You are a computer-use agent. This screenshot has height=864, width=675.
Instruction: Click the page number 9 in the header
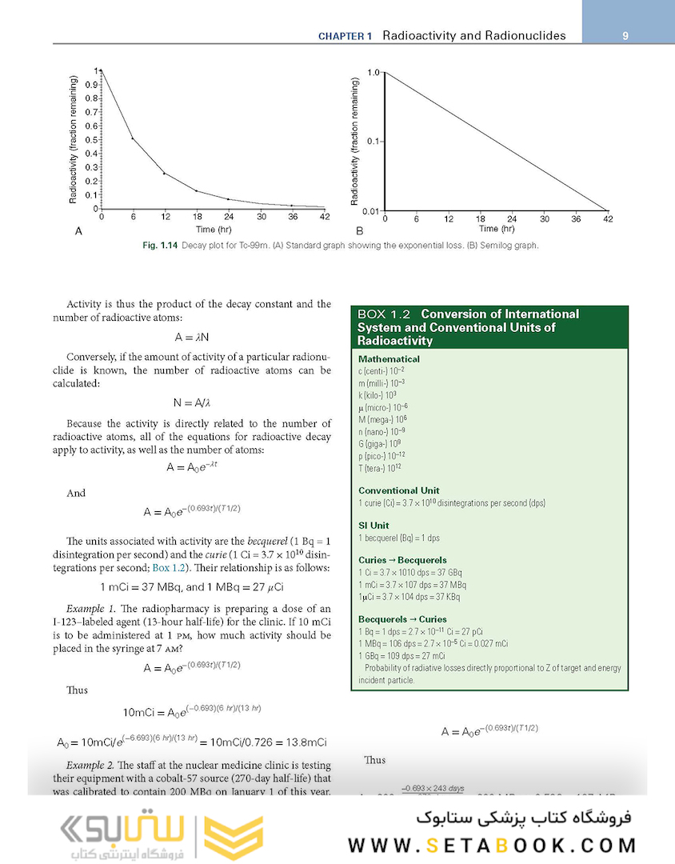[x=625, y=35]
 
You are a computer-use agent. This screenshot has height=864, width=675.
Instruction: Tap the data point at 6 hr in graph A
[x=133, y=138]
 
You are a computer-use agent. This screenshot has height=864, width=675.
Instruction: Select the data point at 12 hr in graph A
[x=165, y=173]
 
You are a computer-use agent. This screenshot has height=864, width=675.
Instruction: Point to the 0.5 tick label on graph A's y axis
[x=92, y=140]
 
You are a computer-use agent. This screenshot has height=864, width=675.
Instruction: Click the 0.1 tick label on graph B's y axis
[x=372, y=141]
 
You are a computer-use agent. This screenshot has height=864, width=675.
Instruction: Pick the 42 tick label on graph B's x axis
[x=608, y=218]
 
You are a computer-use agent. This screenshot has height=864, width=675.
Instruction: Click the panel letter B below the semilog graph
[x=359, y=231]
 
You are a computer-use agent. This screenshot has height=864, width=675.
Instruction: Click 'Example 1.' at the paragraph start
[x=90, y=610]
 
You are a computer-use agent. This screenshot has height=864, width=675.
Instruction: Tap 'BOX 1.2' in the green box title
[x=384, y=314]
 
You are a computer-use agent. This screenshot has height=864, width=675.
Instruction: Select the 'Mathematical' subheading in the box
[x=389, y=359]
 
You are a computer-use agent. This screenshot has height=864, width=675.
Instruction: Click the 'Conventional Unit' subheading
[x=398, y=490]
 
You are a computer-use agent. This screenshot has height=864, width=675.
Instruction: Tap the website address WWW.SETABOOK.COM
[x=492, y=846]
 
